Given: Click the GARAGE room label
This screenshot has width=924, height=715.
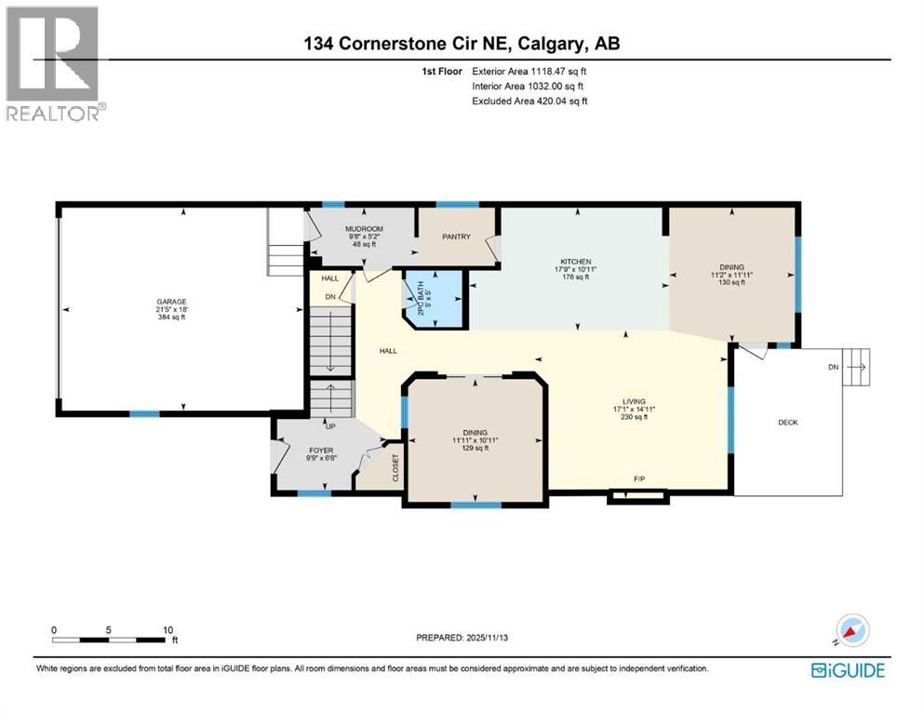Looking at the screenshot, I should click(171, 302).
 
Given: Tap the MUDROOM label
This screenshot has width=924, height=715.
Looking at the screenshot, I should click(364, 228).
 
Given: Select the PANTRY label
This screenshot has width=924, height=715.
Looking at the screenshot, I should click(456, 236).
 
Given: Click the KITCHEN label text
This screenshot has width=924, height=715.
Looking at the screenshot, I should click(576, 262).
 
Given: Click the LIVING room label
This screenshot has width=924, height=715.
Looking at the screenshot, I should click(635, 401).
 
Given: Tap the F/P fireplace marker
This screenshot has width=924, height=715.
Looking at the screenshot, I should click(639, 479).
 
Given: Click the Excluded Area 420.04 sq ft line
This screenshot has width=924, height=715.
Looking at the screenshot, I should click(529, 101).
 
